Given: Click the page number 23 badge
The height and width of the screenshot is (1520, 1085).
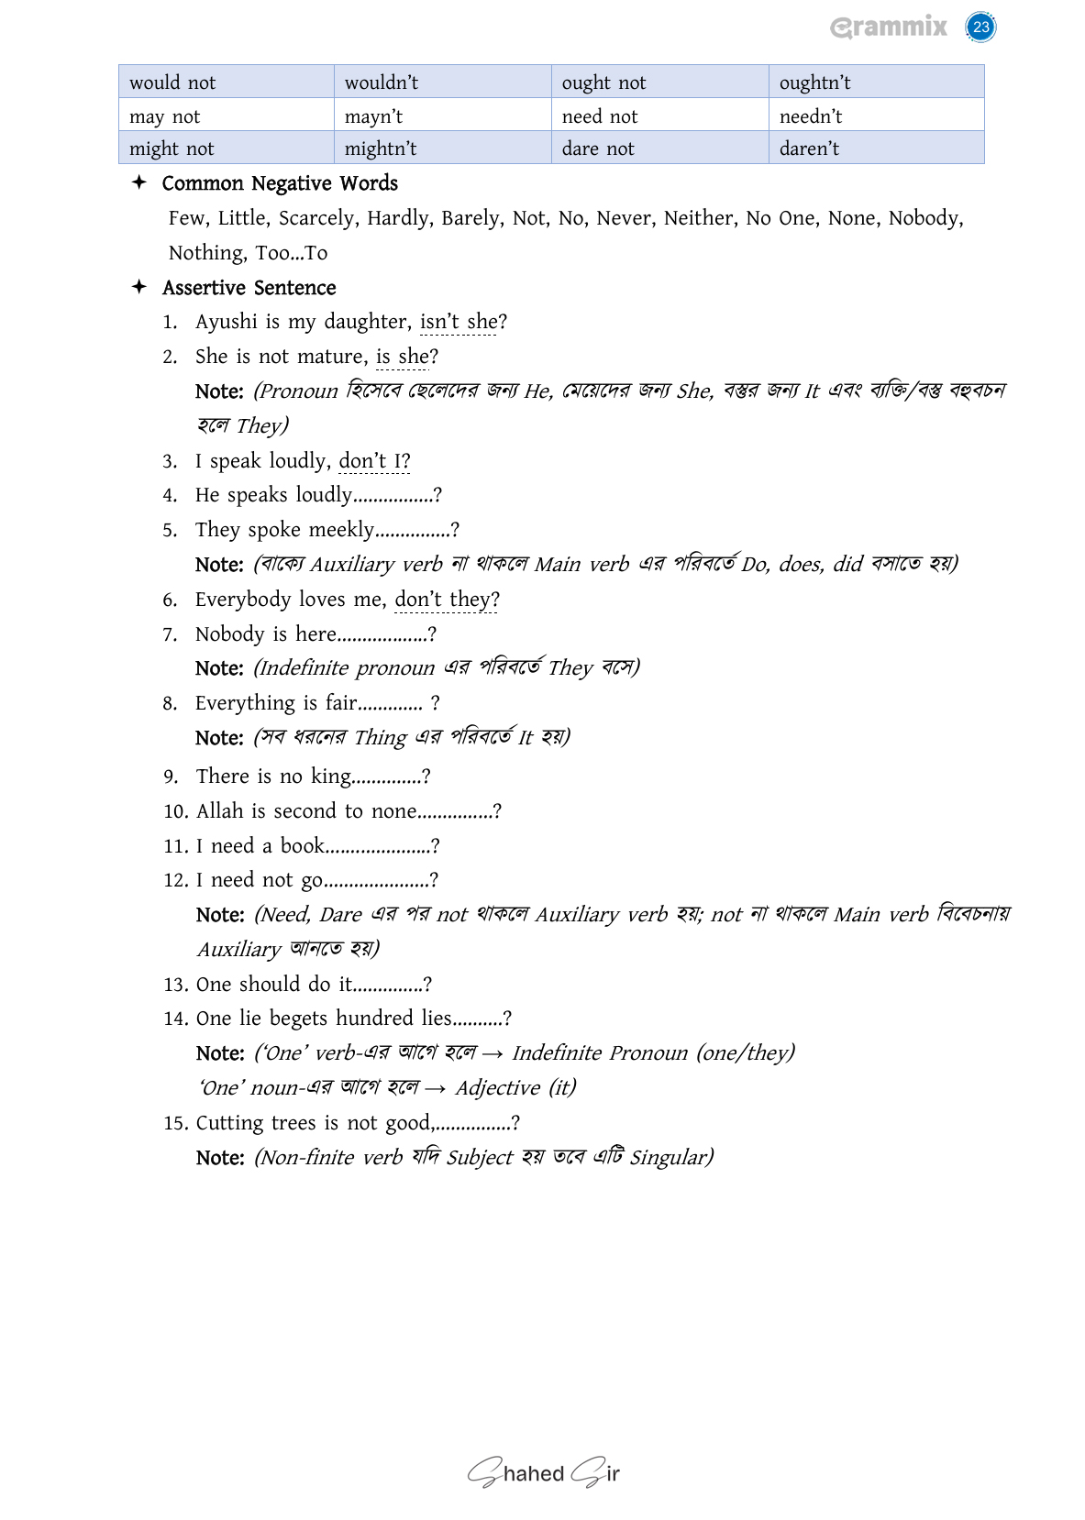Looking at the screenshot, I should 980,27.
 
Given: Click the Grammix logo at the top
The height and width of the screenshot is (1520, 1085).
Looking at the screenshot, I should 888,27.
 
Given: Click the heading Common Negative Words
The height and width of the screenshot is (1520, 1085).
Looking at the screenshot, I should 280,183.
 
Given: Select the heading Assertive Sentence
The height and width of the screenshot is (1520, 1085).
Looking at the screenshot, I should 249,288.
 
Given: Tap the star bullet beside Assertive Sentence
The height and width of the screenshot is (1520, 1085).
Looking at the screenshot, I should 139,287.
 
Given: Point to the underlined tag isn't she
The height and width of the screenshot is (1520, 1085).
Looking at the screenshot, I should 459,322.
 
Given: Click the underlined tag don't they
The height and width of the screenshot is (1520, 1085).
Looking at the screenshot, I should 446,600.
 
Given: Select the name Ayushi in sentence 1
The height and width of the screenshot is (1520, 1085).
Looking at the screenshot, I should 227,322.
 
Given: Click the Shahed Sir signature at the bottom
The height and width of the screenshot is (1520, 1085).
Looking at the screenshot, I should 544,1473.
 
